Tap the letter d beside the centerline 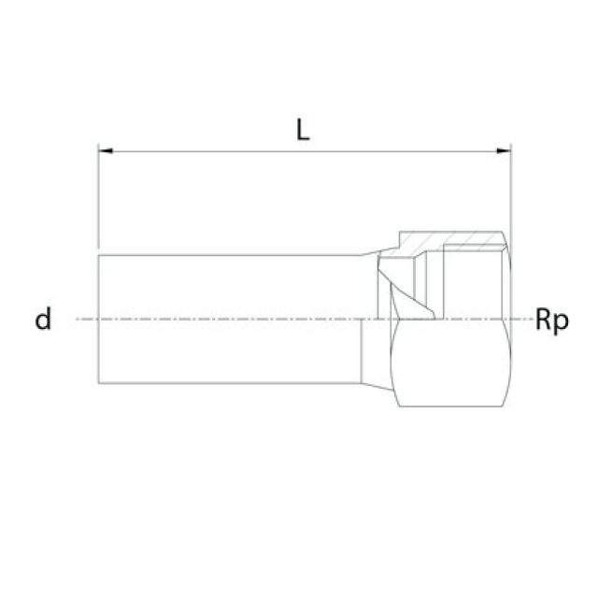[x=42, y=320]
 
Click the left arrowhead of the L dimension [x=105, y=149]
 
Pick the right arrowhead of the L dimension [x=505, y=149]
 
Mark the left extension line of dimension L [x=98, y=196]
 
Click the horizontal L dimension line [x=305, y=149]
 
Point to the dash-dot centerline [x=234, y=319]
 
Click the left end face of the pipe [x=98, y=319]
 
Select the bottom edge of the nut [x=453, y=406]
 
